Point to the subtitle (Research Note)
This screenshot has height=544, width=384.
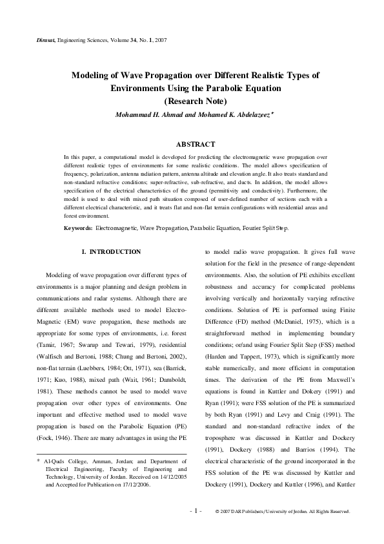195,101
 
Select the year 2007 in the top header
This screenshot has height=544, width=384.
161,39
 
